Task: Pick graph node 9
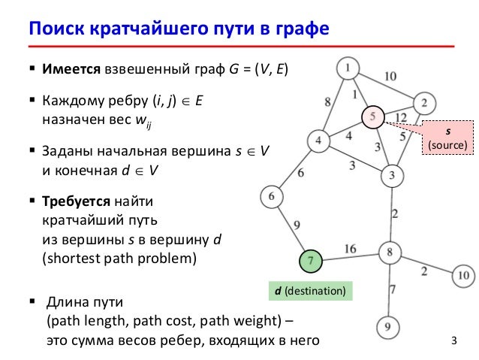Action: [387, 328]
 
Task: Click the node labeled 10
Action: [465, 276]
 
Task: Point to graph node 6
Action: [271, 197]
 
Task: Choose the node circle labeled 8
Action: [390, 253]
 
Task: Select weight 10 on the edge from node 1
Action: [390, 76]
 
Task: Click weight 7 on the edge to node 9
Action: [392, 289]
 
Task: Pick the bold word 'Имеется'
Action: [71, 70]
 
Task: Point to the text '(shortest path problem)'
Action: [118, 259]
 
